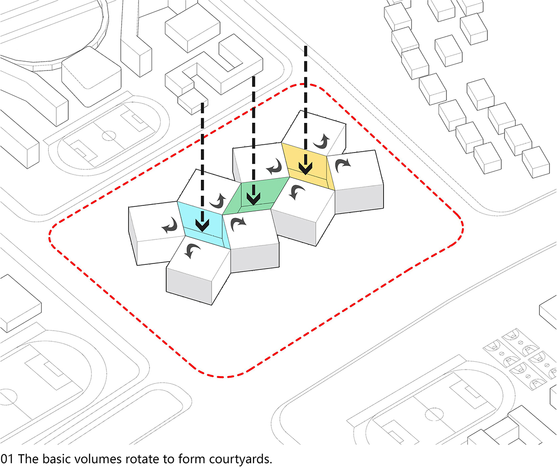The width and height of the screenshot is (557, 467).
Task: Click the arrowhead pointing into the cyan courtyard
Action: coord(202,224)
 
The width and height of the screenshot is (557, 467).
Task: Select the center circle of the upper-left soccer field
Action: coord(109,135)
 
